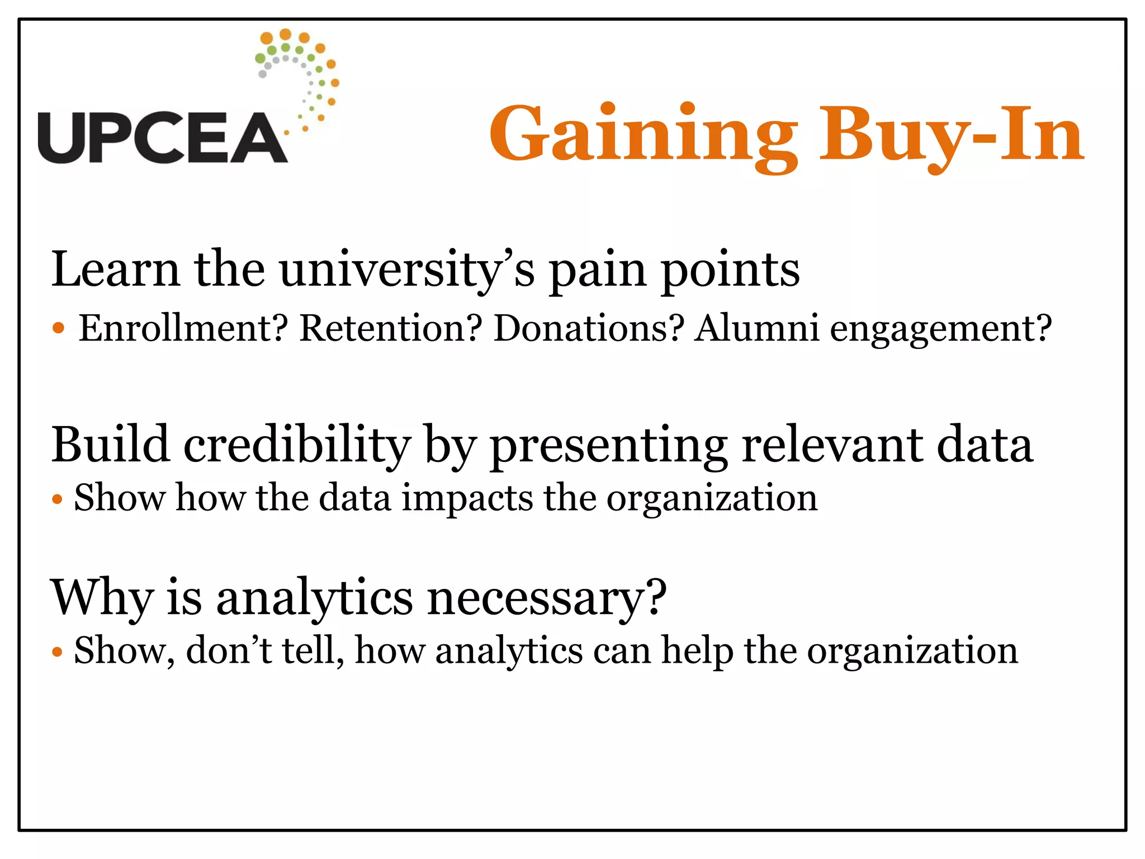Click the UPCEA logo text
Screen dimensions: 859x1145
click(162, 138)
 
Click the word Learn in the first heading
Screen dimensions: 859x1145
click(115, 270)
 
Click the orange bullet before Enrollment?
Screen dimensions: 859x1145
click(59, 328)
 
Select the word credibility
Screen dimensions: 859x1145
click(297, 446)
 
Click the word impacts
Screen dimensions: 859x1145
click(467, 498)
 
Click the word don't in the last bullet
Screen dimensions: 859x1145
click(229, 651)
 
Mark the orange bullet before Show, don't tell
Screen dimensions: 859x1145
click(56, 652)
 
